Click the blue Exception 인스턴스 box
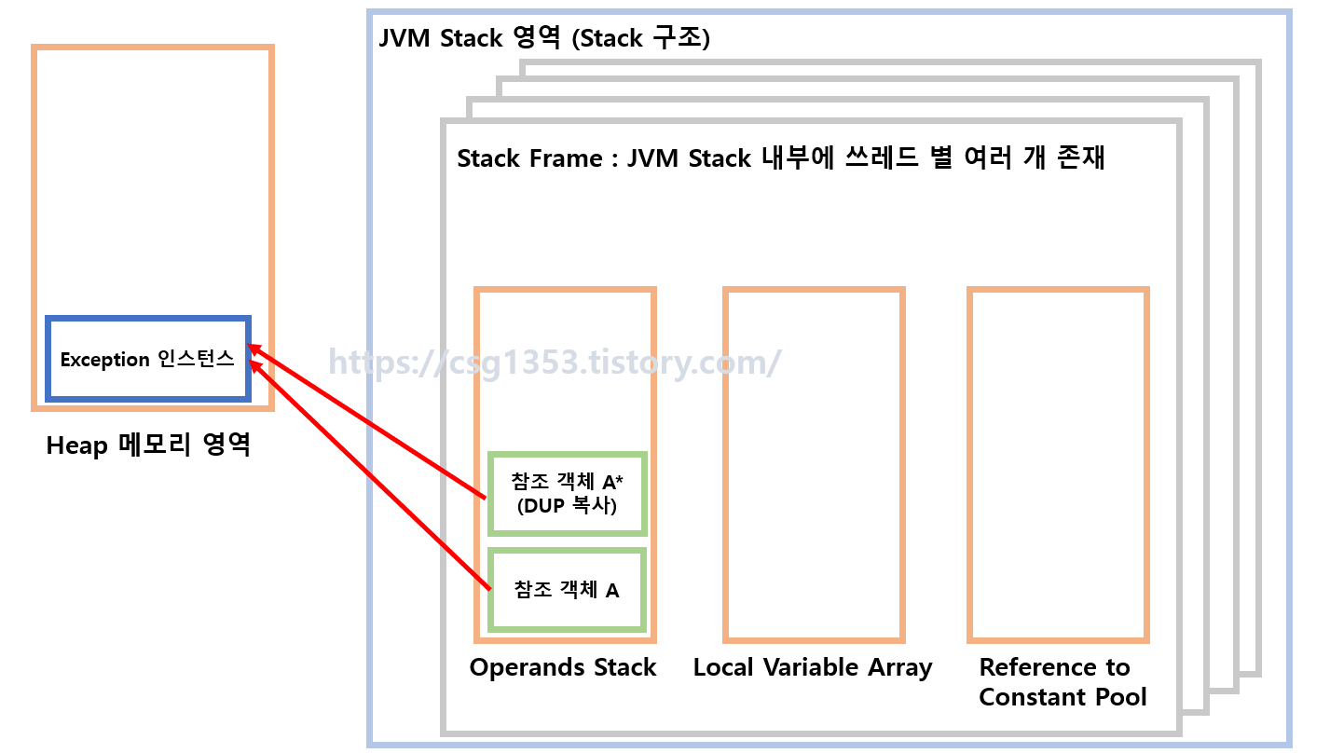point(148,360)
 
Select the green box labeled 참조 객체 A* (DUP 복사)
point(567,494)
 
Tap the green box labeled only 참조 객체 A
point(567,590)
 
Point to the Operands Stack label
point(563,667)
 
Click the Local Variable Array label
point(813,667)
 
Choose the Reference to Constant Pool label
point(1063,682)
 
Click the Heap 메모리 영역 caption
point(148,445)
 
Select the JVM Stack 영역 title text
point(471,38)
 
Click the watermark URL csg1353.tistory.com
point(554,362)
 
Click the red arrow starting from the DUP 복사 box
point(373,425)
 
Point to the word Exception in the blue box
point(104,360)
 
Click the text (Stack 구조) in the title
point(640,38)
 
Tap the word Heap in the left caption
point(77,445)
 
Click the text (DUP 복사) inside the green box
point(567,506)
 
